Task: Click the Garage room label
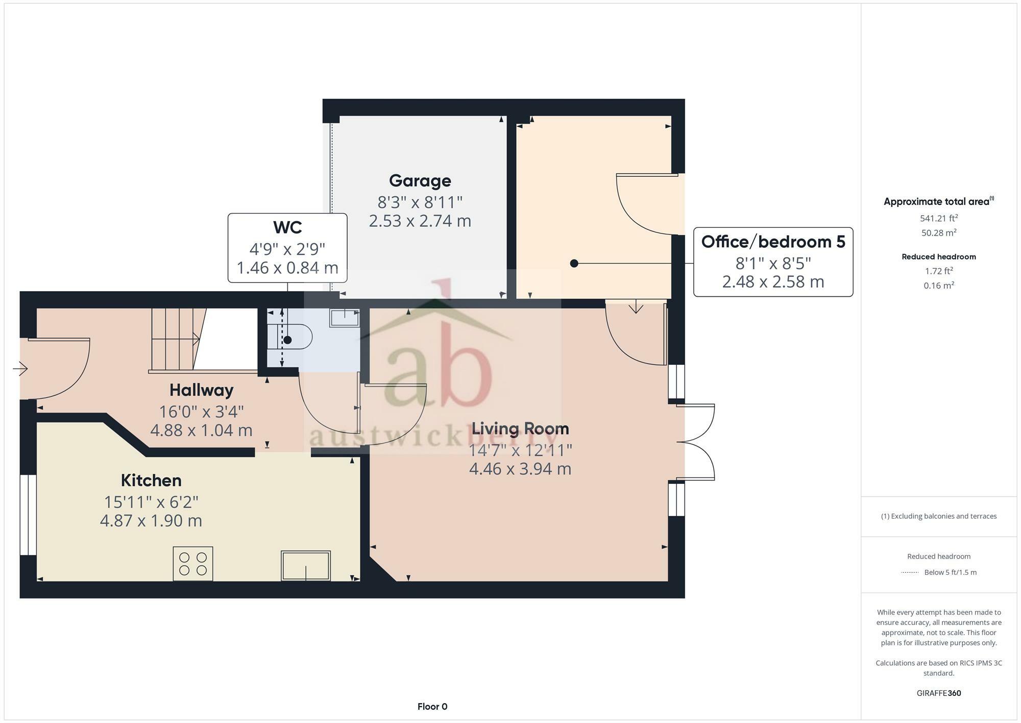pos(420,181)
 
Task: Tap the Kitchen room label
pos(151,480)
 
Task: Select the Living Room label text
pos(520,428)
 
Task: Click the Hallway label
pos(201,390)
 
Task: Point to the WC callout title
pos(287,227)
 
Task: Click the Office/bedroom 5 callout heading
pos(773,242)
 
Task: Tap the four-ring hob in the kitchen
pos(193,564)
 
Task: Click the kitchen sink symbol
pos(306,565)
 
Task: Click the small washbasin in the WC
pos(345,318)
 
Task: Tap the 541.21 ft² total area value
pos(938,218)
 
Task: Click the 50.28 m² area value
pos(938,233)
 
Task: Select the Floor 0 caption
pos(432,707)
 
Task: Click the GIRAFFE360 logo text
pos(938,693)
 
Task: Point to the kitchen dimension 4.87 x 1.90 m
pos(151,521)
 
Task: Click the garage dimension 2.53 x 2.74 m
pos(420,221)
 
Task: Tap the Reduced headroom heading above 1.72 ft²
pos(938,256)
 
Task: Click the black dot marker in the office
pos(574,264)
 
